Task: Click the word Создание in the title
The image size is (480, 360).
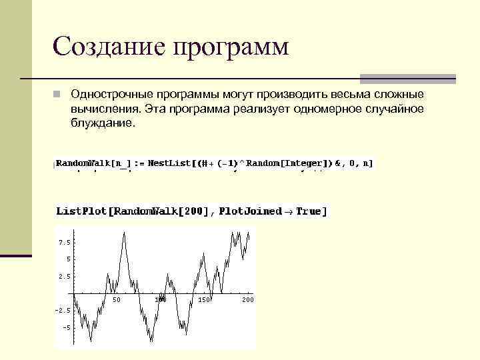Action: [x=108, y=47]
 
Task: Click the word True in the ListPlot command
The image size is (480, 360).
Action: [x=311, y=211]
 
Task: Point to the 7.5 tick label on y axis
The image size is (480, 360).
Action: [x=65, y=241]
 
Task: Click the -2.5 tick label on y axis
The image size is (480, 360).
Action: [x=63, y=311]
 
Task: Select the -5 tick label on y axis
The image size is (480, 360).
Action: [x=66, y=328]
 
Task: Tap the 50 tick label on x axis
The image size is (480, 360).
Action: [x=116, y=300]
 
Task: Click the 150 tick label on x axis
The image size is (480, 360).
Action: [x=204, y=300]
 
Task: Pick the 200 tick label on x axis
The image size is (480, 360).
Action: [x=248, y=300]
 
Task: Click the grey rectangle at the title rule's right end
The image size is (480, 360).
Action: [x=407, y=79]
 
